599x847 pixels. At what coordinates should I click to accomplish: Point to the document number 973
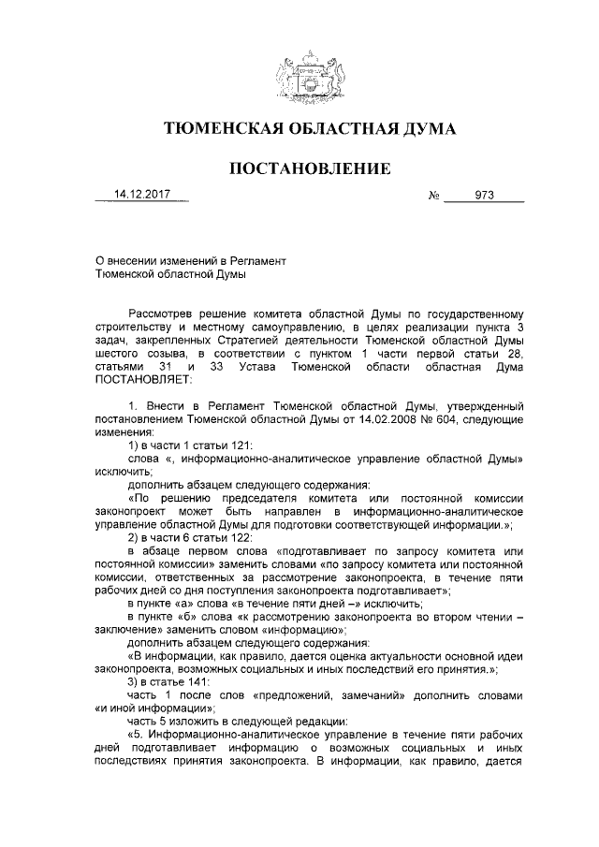(484, 197)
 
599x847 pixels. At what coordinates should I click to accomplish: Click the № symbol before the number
(433, 197)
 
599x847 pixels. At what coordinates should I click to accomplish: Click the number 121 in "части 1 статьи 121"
(241, 447)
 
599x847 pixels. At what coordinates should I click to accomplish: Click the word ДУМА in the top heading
(422, 129)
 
